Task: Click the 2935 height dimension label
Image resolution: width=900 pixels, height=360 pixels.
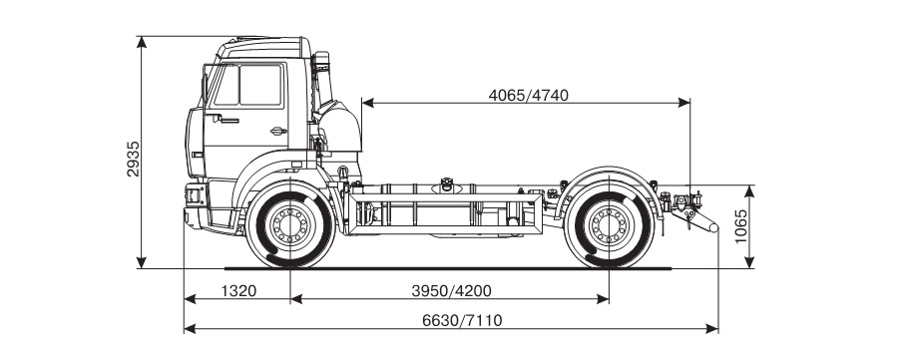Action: (x=133, y=159)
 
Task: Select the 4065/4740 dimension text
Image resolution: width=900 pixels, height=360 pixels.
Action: (x=528, y=95)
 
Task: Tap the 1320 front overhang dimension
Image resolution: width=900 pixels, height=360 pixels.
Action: (x=238, y=291)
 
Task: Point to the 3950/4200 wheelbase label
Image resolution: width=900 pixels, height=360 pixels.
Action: (x=451, y=291)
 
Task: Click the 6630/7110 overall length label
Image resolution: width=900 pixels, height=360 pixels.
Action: (x=462, y=320)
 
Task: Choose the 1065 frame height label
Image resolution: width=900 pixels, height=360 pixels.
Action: (x=741, y=226)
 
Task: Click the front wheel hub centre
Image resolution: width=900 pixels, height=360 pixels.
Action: (x=290, y=224)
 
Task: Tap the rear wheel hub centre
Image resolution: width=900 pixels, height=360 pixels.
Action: (x=609, y=224)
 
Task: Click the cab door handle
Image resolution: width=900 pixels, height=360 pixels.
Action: (x=278, y=132)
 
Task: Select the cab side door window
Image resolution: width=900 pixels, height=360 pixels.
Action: (x=261, y=85)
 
